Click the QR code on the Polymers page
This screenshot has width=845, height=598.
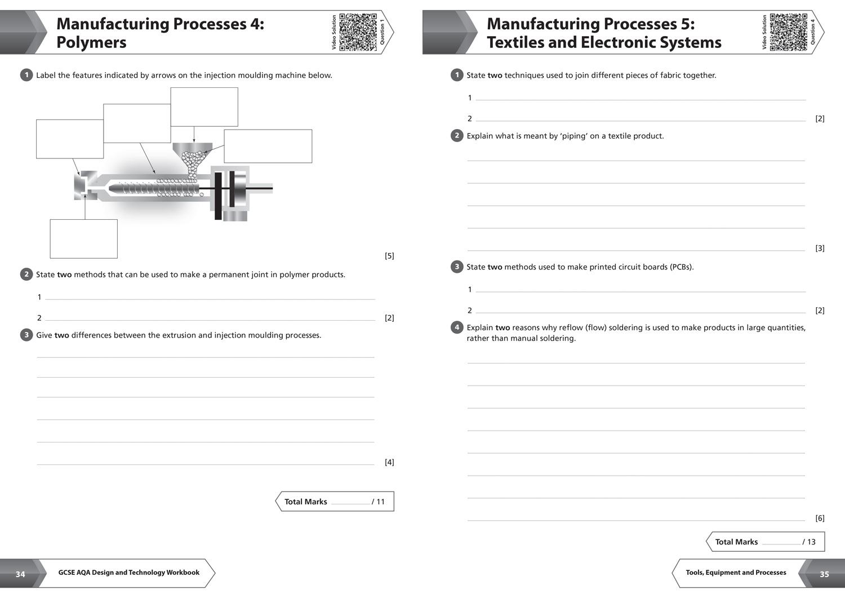tap(358, 32)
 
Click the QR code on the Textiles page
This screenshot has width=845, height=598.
tap(789, 32)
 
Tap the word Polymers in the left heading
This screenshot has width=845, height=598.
tap(91, 42)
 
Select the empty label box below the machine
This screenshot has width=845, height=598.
tap(84, 239)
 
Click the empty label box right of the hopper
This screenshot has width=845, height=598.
tap(268, 147)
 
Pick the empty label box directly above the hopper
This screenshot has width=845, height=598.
tap(204, 107)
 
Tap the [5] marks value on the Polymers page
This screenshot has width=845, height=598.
tap(389, 256)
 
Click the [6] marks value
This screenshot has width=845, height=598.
tap(820, 518)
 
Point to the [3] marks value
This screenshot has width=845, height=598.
tap(820, 248)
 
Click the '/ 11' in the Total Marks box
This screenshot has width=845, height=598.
tap(379, 502)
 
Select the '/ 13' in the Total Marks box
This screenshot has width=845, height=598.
tap(809, 542)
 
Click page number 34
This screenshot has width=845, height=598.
tap(20, 574)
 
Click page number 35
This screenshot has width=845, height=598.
tap(824, 574)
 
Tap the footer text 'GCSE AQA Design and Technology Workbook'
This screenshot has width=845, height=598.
tap(129, 573)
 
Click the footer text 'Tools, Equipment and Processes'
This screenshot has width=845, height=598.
tap(736, 573)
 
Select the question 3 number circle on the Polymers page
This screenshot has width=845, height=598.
tap(26, 335)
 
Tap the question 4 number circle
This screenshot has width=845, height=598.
tap(457, 327)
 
